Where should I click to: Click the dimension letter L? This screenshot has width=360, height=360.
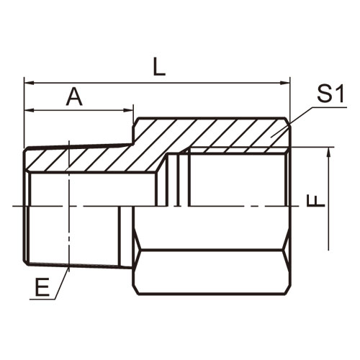pos(159,67)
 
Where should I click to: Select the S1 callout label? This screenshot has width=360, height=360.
pos(330,94)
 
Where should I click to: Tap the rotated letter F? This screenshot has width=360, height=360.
pos(316,201)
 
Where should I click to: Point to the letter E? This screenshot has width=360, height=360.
pos(42,287)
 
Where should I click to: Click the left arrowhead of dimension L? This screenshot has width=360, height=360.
pos(29,83)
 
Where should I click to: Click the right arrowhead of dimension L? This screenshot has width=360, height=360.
pos(285,83)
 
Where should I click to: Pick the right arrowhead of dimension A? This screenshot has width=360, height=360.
pos(128,110)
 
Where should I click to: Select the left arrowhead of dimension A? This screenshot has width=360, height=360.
pos(29,110)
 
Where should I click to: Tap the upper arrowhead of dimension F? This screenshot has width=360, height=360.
pos(329,152)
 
